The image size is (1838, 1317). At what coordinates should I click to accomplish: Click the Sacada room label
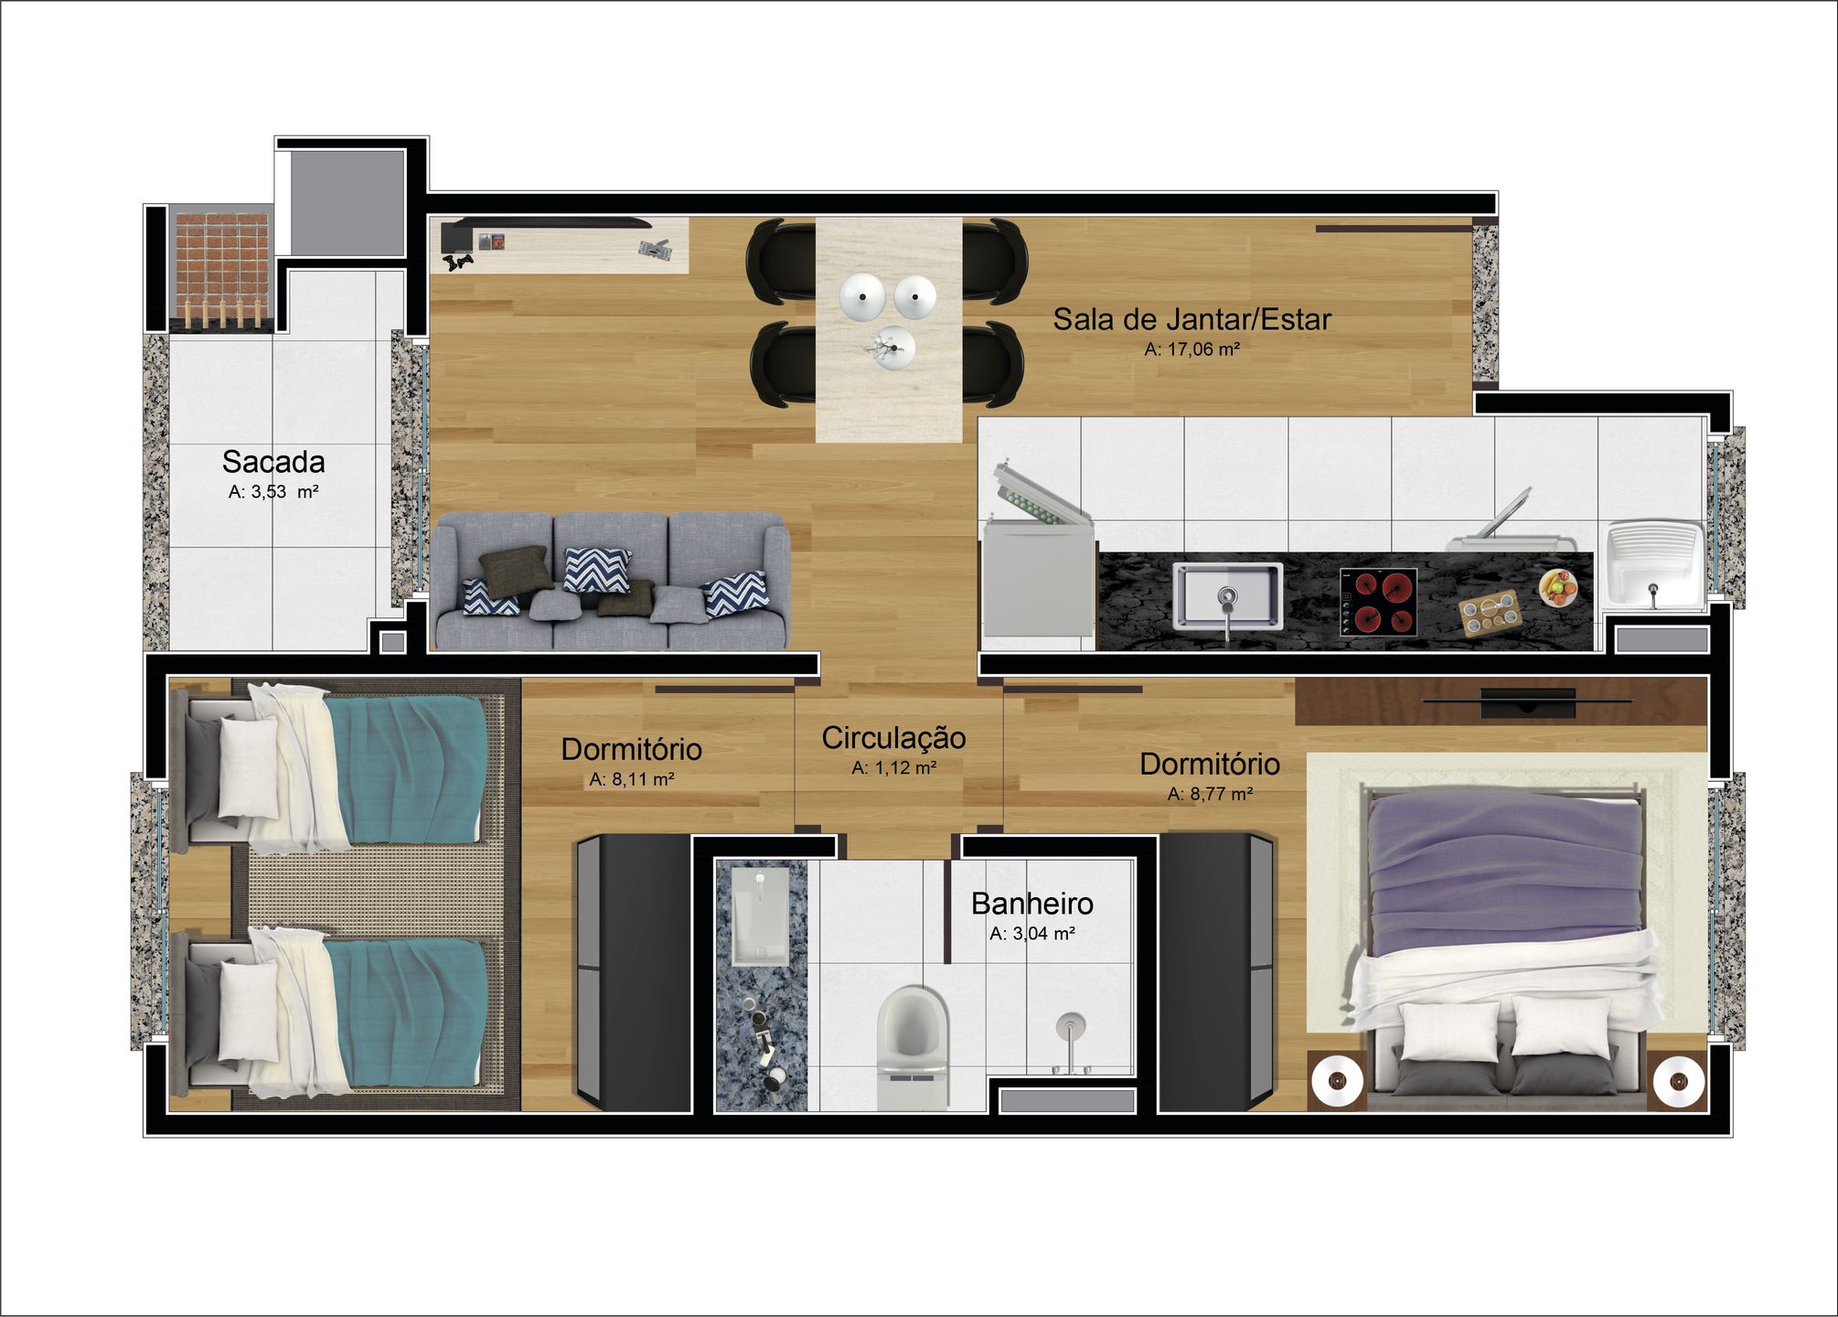click(273, 462)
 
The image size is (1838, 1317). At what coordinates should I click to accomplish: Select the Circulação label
click(893, 738)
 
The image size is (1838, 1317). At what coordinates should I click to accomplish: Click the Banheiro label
click(1032, 904)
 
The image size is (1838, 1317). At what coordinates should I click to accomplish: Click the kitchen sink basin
click(1227, 595)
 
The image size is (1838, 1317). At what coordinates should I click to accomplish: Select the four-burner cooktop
click(1378, 601)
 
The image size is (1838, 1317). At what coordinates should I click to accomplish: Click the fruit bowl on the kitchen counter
click(1558, 587)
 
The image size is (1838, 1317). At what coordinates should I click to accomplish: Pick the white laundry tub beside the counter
click(1655, 566)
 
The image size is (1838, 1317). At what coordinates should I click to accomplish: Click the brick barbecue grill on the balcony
click(222, 267)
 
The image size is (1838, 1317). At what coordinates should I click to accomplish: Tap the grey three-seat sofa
click(611, 581)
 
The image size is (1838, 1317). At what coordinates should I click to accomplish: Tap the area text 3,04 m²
click(1032, 934)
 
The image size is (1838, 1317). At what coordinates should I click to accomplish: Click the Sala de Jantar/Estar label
click(1191, 319)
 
